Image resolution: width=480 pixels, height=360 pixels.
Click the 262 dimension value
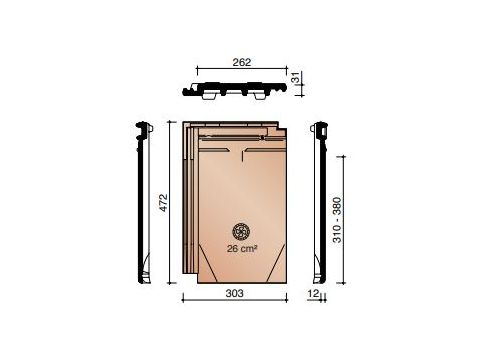coord(242,62)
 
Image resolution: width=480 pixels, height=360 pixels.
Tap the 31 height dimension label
coord(296,79)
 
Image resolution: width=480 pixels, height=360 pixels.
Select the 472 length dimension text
coord(163,202)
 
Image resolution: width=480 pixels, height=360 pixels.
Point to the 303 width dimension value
coord(235,293)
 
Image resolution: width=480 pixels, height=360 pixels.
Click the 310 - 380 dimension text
coord(338,220)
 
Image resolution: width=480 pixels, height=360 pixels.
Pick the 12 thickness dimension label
coord(313,293)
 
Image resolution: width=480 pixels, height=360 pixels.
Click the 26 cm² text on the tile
coord(242,248)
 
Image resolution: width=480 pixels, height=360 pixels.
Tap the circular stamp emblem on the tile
coord(241,231)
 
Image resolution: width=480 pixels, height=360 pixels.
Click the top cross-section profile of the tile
coord(235,90)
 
